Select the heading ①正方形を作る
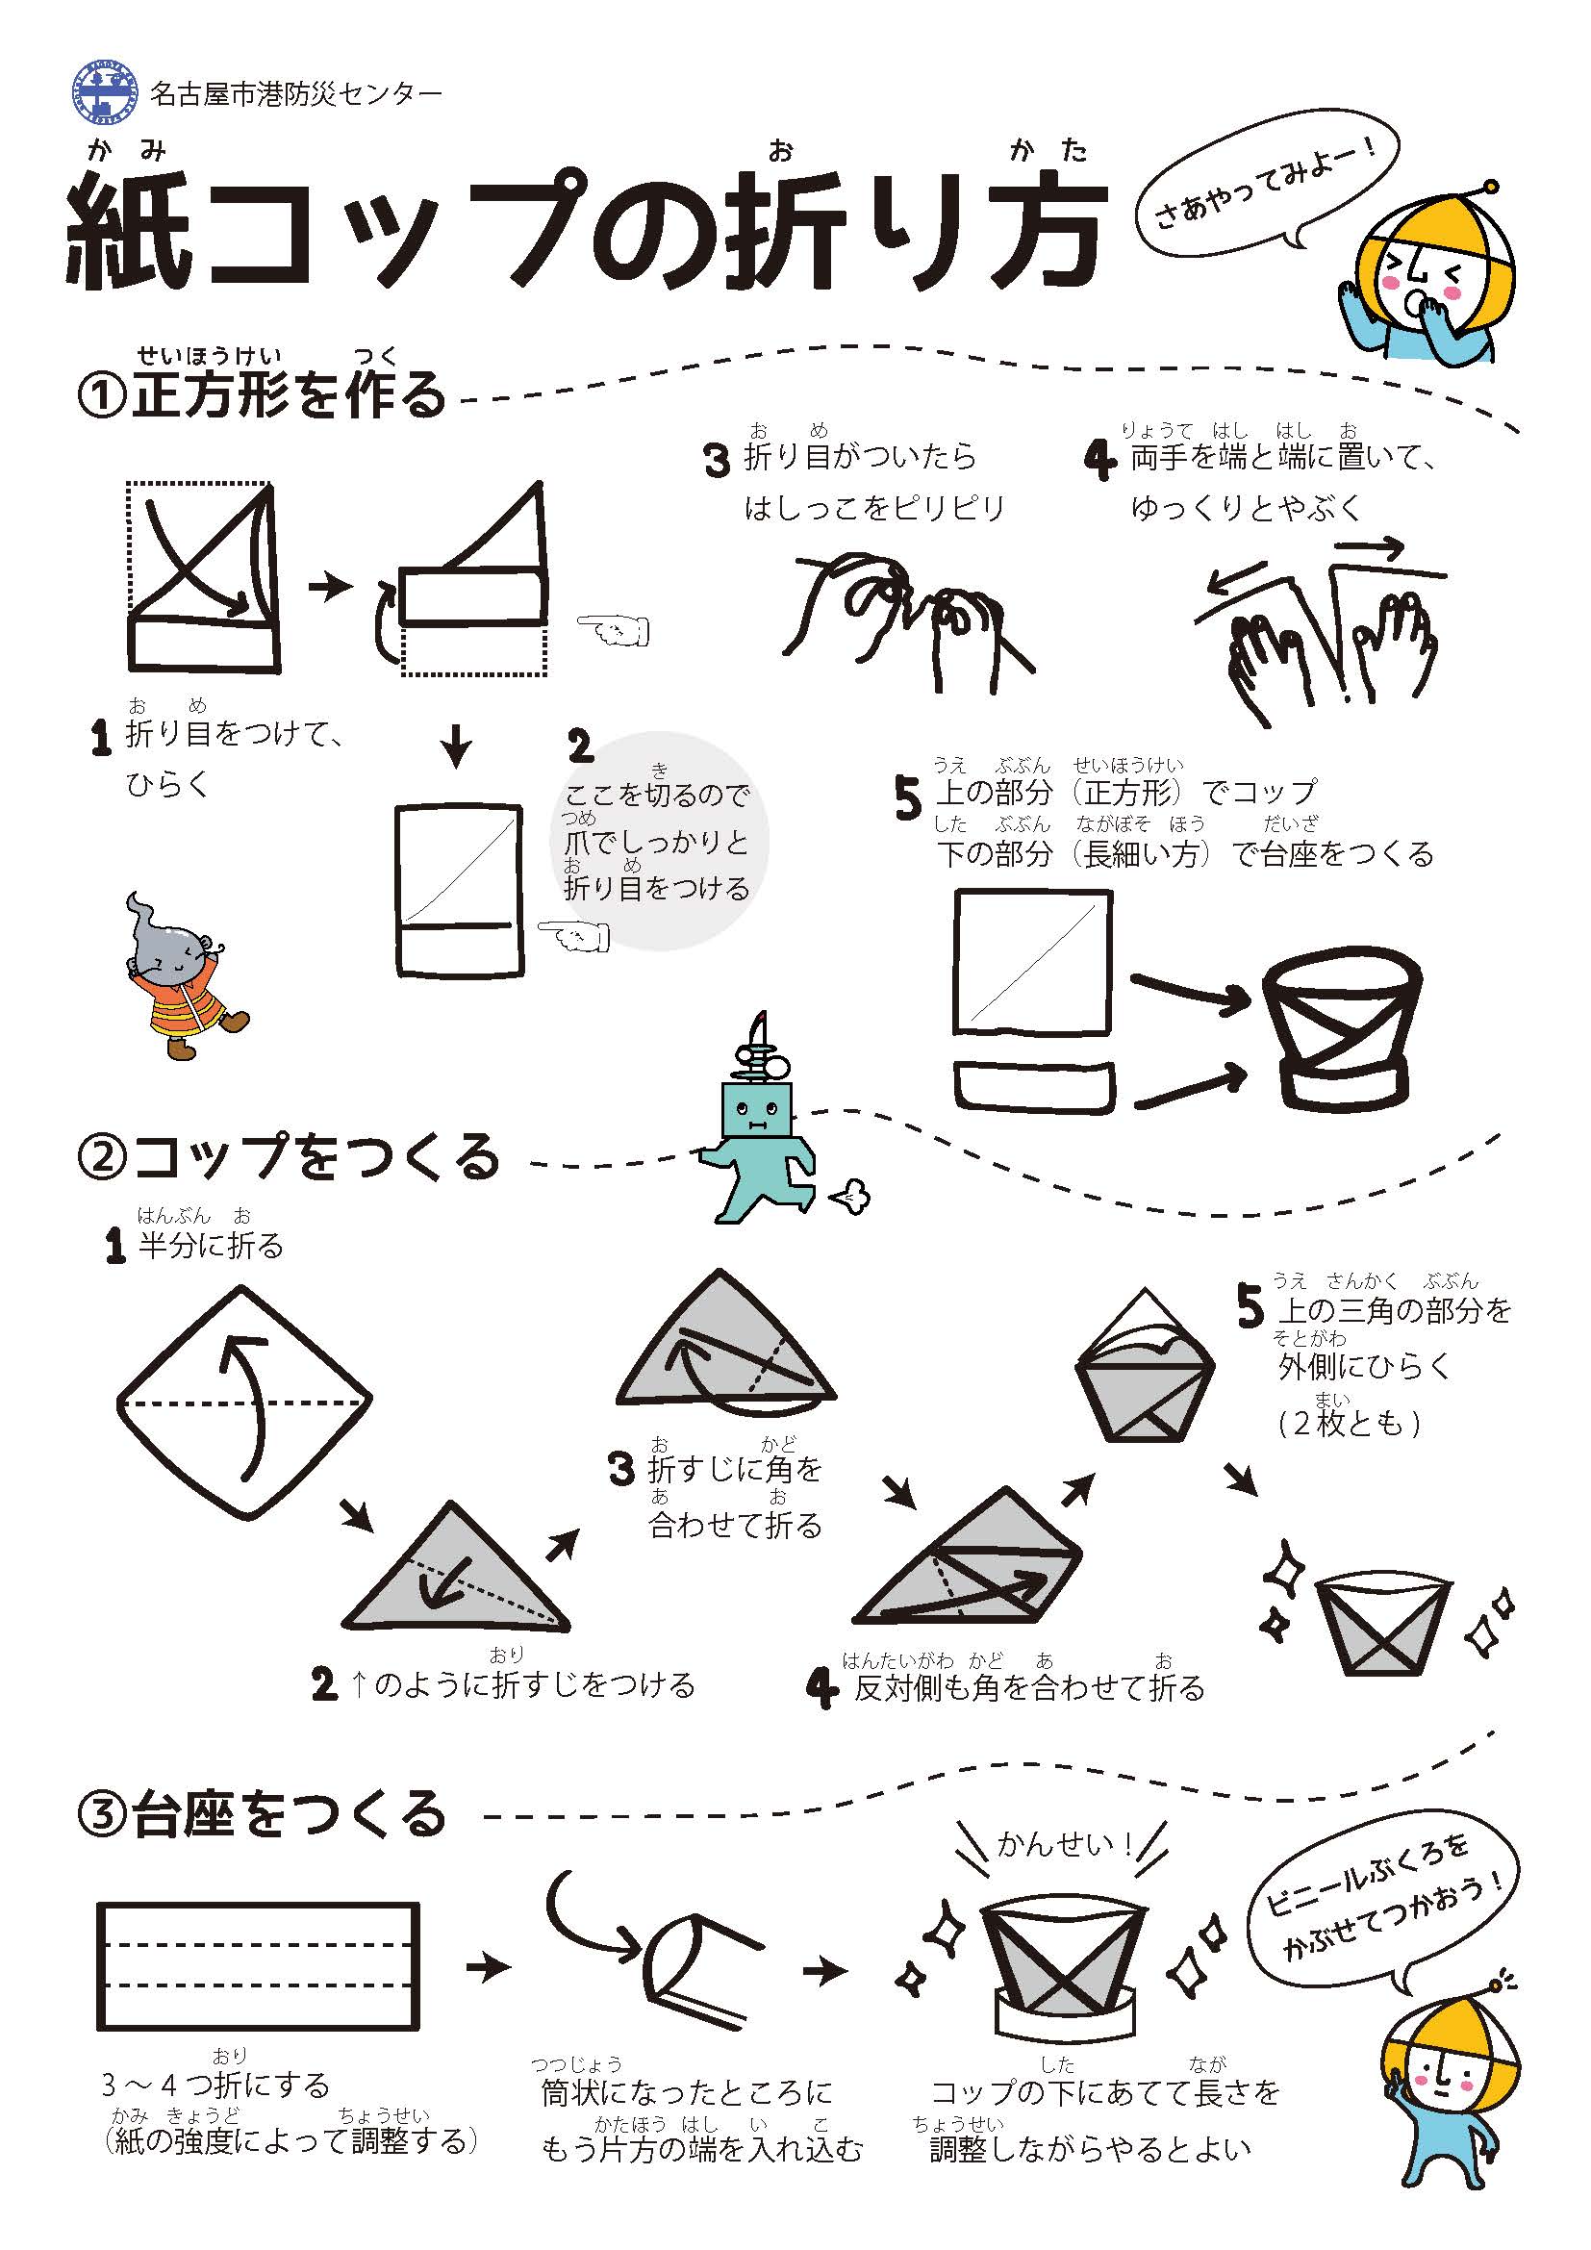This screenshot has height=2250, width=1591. [x=261, y=394]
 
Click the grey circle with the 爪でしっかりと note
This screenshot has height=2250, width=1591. [x=658, y=841]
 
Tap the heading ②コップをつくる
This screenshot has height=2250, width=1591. [x=288, y=1155]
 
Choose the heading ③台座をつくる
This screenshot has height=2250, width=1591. [x=261, y=1813]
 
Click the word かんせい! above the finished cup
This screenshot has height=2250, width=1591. [x=1065, y=1843]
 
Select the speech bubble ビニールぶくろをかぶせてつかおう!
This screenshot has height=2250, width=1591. [x=1382, y=1907]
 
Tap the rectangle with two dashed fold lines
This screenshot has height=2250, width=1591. [x=258, y=1967]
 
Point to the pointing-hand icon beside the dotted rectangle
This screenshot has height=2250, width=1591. [x=614, y=629]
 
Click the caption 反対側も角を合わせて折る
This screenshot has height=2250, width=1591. [x=1027, y=1687]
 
